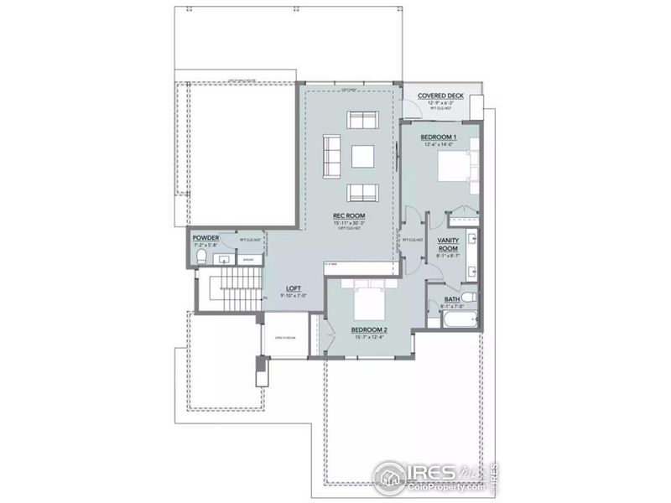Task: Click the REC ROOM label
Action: click(351, 215)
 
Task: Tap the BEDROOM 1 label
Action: click(438, 137)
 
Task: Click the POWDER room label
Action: click(205, 238)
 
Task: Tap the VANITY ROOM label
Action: click(448, 244)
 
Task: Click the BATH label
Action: click(451, 299)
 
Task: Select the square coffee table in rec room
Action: click(362, 156)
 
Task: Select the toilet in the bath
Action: click(469, 298)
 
